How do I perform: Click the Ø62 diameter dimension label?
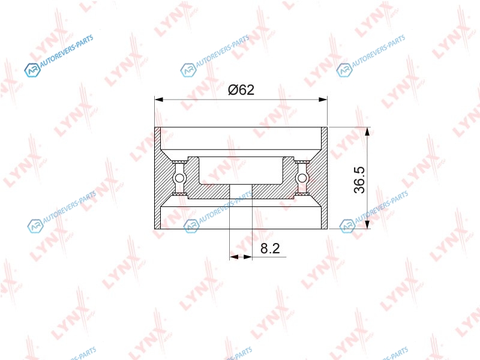point(241,89)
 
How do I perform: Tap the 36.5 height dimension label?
point(359,179)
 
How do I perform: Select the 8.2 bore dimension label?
point(270,248)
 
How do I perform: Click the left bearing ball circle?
point(179,178)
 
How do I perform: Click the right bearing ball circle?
point(302,178)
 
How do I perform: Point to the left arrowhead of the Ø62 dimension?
point(159,100)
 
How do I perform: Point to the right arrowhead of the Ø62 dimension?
point(323,100)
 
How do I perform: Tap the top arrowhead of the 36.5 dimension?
point(368,131)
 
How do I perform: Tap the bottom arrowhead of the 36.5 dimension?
point(368,224)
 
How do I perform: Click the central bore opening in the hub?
point(241,191)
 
